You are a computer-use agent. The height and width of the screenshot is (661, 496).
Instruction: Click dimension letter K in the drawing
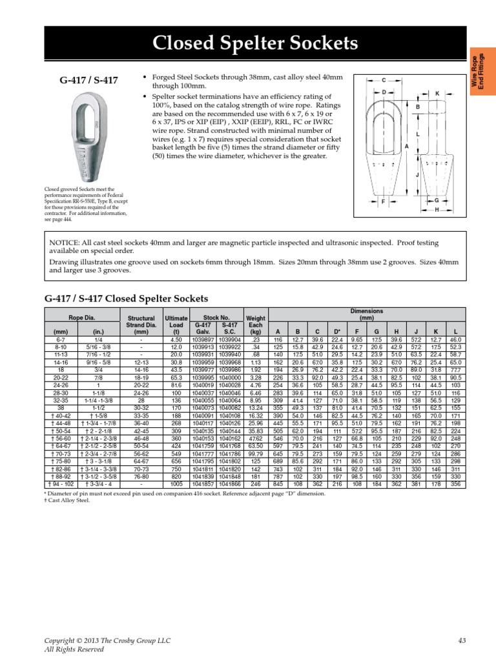pyautogui.click(x=437, y=94)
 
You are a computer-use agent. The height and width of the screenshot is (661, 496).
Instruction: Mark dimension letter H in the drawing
pyautogui.click(x=437, y=210)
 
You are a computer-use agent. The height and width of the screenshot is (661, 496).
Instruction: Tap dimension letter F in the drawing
pyautogui.click(x=384, y=202)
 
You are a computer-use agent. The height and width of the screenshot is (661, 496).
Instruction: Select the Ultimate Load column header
pyautogui.click(x=176, y=323)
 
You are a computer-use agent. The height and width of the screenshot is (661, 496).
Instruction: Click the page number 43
pyautogui.click(x=461, y=640)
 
